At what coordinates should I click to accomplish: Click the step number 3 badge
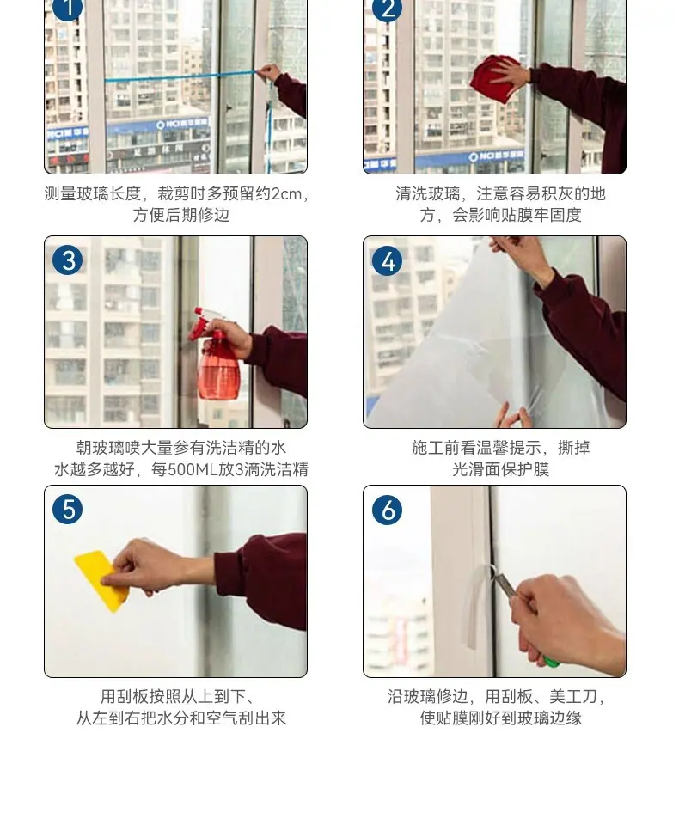pos(67,260)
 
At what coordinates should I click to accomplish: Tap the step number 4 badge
pos(387,260)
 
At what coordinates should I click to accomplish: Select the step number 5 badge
pos(67,509)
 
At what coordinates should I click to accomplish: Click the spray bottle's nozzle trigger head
pos(204,322)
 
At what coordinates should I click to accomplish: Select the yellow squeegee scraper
pos(101,580)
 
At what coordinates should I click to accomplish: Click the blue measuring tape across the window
pos(181,77)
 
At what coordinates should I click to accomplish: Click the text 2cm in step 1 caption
pos(287,193)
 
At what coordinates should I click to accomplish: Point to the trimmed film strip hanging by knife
pos(474,607)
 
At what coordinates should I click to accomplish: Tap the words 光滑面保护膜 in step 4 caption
pos(500,469)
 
